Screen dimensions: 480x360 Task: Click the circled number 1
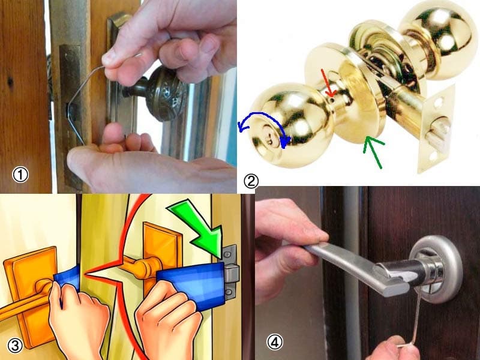point(20,175)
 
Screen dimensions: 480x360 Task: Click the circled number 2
point(251,181)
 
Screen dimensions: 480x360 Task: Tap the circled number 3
point(14,346)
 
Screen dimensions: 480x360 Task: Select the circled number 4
point(275,342)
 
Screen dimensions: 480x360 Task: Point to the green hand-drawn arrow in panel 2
point(374,152)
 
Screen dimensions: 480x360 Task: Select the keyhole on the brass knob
point(269,142)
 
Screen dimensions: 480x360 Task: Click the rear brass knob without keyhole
point(439,39)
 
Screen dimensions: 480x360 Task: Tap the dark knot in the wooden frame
point(10,81)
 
